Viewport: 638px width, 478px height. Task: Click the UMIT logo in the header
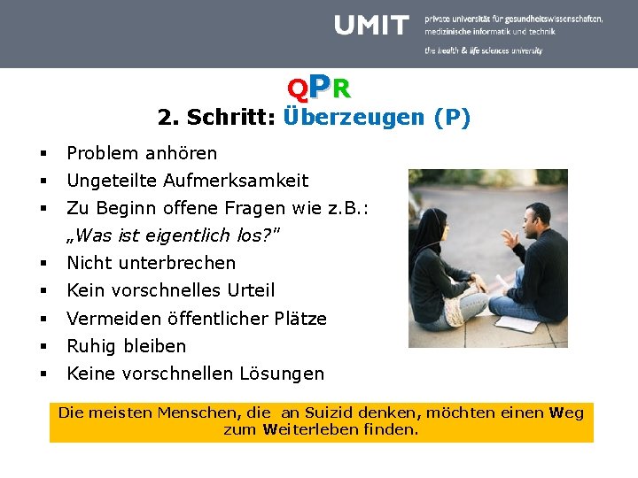point(372,26)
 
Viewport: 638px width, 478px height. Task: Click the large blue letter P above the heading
point(320,86)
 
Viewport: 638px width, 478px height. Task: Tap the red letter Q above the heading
point(298,89)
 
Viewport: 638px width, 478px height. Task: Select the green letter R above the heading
point(341,89)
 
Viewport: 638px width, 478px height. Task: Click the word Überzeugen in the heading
point(354,118)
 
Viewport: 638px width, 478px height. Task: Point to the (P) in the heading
point(452,118)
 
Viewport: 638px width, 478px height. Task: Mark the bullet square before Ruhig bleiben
point(43,346)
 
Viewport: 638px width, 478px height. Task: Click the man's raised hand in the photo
point(509,239)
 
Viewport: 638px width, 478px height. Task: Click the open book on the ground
point(517,323)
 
